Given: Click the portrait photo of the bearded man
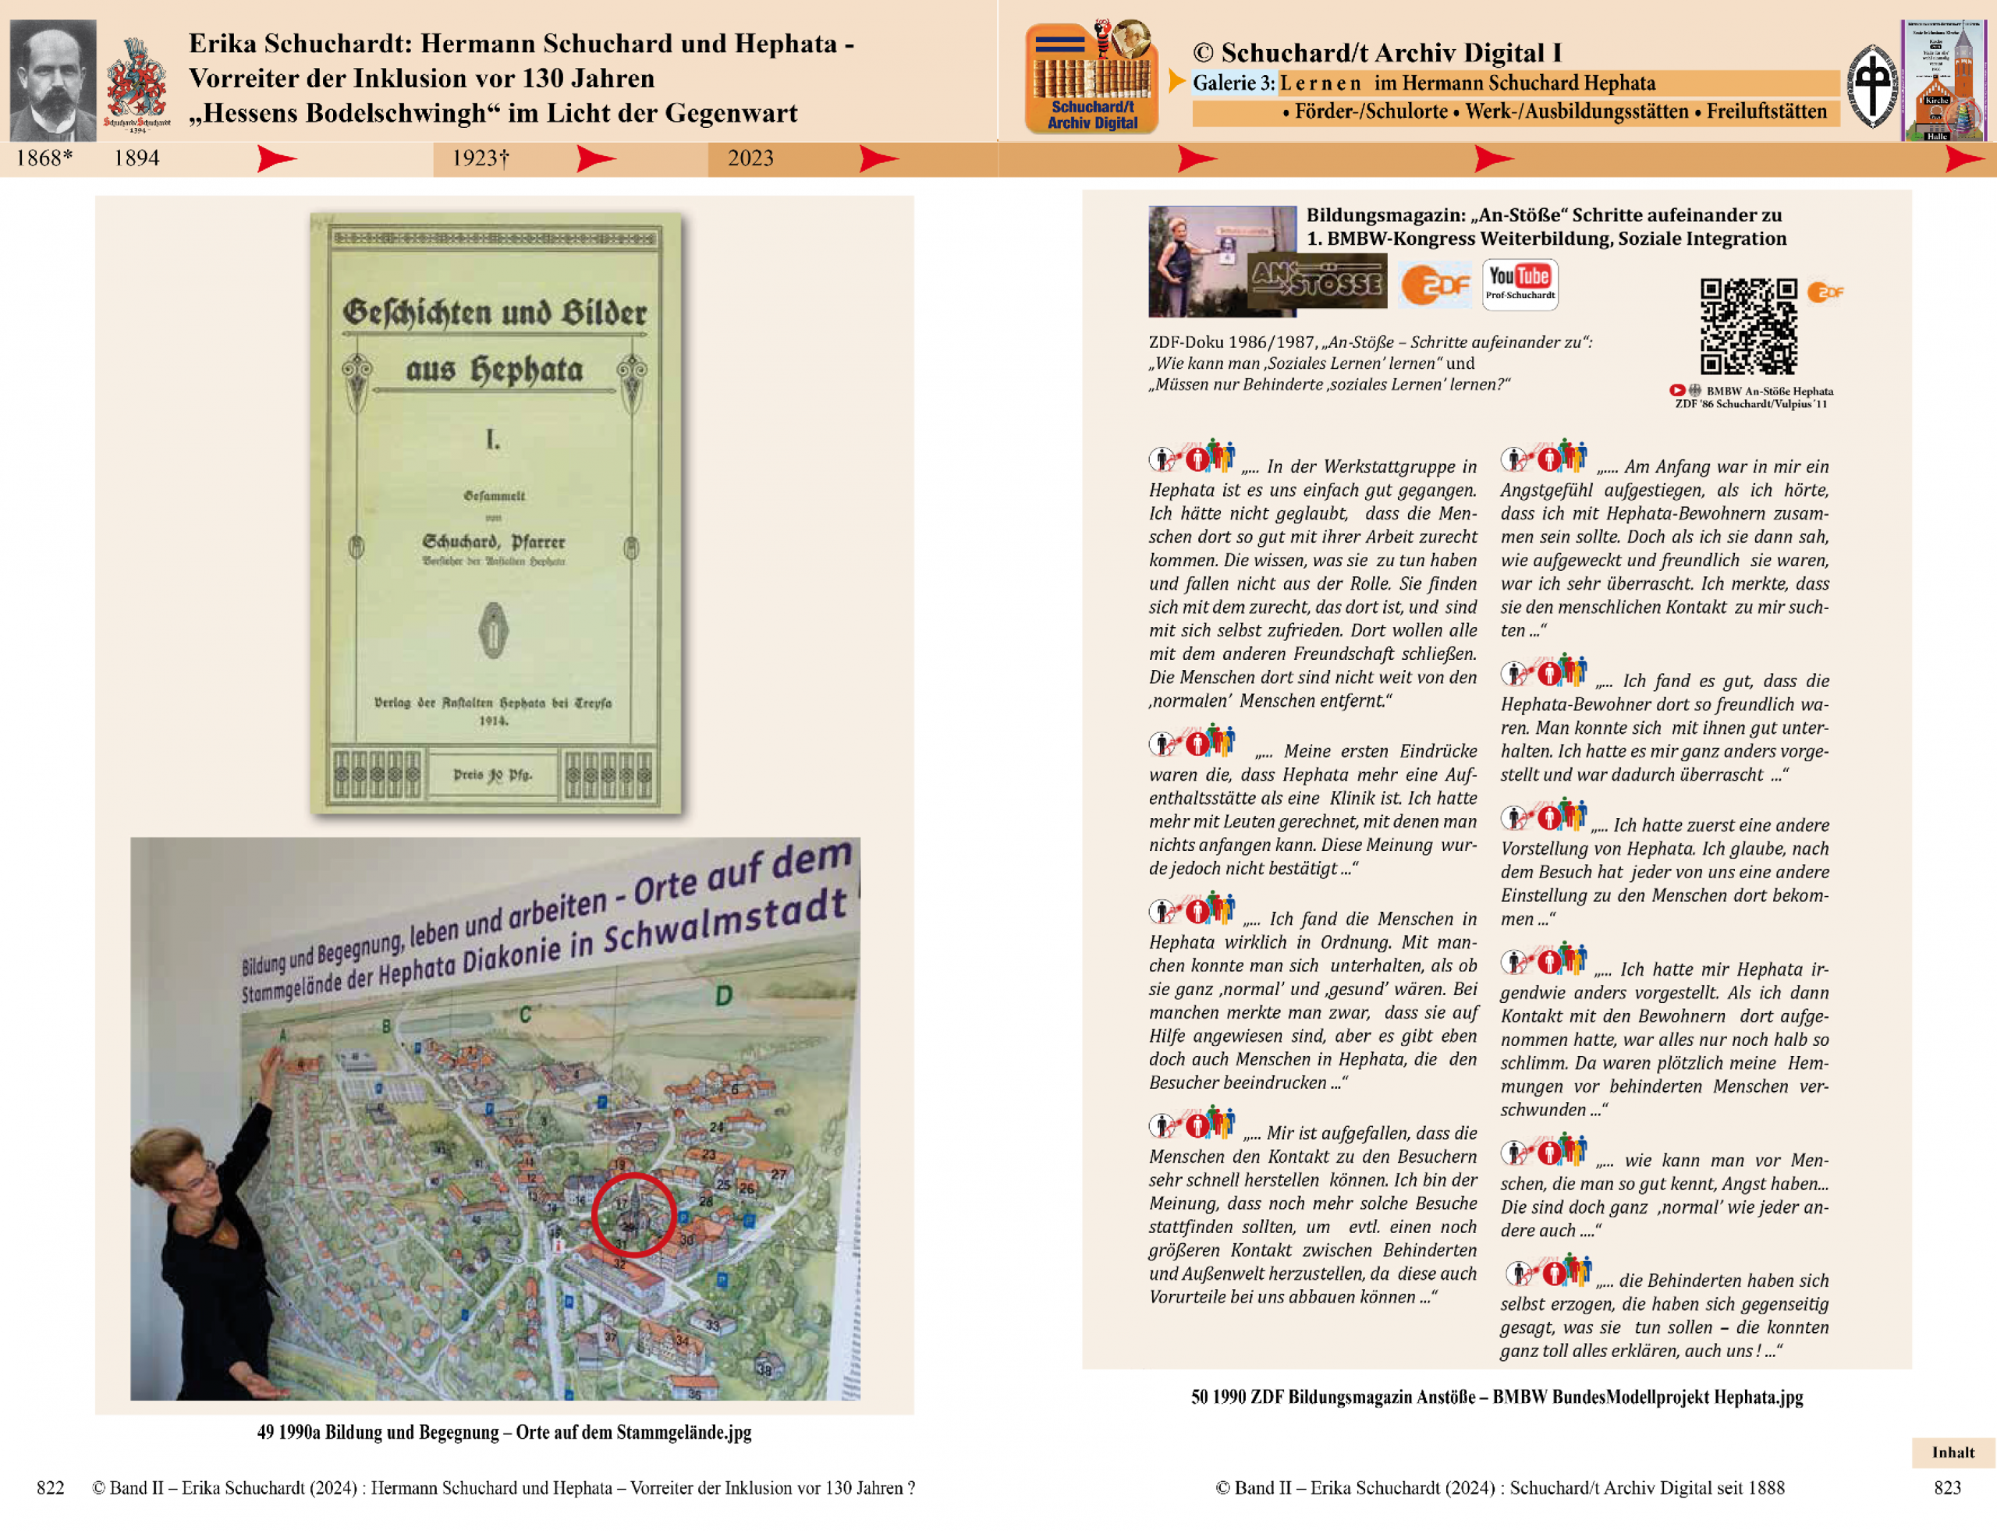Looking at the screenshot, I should pos(53,80).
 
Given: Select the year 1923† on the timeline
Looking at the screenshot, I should pos(481,158).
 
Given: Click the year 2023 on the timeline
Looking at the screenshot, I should pos(750,158).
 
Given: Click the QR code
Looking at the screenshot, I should pos(1748,326).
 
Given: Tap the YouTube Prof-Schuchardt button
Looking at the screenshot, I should pos(1520,285).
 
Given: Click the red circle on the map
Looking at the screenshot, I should pos(633,1215).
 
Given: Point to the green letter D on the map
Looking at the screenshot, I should pos(724,995).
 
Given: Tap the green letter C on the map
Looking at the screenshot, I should pos(525,1014).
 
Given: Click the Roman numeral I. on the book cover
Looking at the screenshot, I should pos(493,441).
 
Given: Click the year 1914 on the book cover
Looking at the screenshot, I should pos(493,721).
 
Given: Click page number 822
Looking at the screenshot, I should pos(50,1488).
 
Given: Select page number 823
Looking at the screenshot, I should pos(1947,1488).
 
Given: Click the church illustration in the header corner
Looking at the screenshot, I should pos(1942,80).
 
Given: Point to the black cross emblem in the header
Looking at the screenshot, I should pos(1871,86).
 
